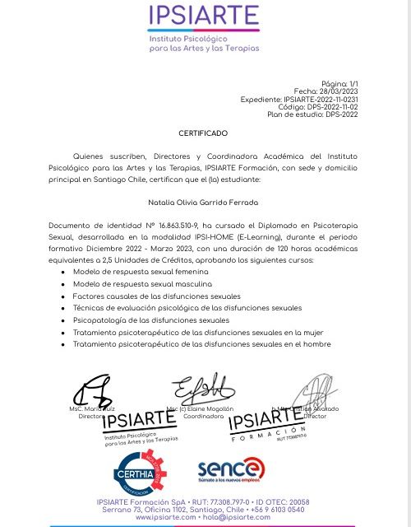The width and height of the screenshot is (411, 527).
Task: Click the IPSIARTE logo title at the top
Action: click(x=203, y=16)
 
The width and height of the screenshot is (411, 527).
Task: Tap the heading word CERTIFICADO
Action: click(x=203, y=133)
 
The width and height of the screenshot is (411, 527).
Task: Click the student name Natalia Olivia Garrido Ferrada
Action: click(x=203, y=202)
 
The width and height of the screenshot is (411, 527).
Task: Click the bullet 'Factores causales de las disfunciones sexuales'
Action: click(x=157, y=296)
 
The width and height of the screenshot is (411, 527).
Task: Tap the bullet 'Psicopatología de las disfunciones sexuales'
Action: click(x=150, y=319)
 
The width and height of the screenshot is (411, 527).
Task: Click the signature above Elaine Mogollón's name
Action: click(x=197, y=389)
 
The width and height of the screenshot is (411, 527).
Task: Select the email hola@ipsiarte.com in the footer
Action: click(x=236, y=517)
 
